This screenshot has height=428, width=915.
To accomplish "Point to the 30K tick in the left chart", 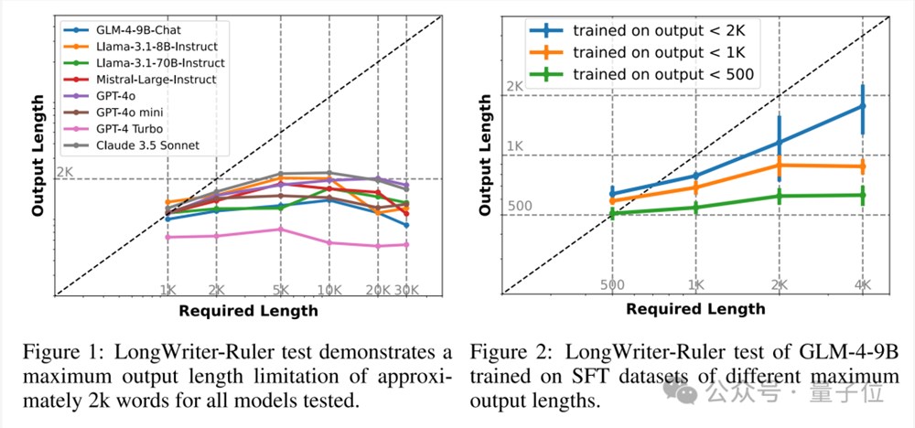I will (x=406, y=290).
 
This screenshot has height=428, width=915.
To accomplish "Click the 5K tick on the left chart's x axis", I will (x=281, y=290).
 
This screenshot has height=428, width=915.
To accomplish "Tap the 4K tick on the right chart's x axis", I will (x=863, y=284).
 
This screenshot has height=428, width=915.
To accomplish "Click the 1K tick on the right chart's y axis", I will (x=514, y=146).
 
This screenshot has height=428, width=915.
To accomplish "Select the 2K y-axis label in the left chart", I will (x=64, y=171).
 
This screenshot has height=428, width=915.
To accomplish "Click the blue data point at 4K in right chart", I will (x=863, y=106).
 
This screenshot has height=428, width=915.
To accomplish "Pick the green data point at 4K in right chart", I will (x=863, y=195).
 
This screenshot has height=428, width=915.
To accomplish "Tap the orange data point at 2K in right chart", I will (x=780, y=165).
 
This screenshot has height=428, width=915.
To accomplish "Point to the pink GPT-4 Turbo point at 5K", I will (x=281, y=229).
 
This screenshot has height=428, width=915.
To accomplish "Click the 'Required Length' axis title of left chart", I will (x=248, y=310).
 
